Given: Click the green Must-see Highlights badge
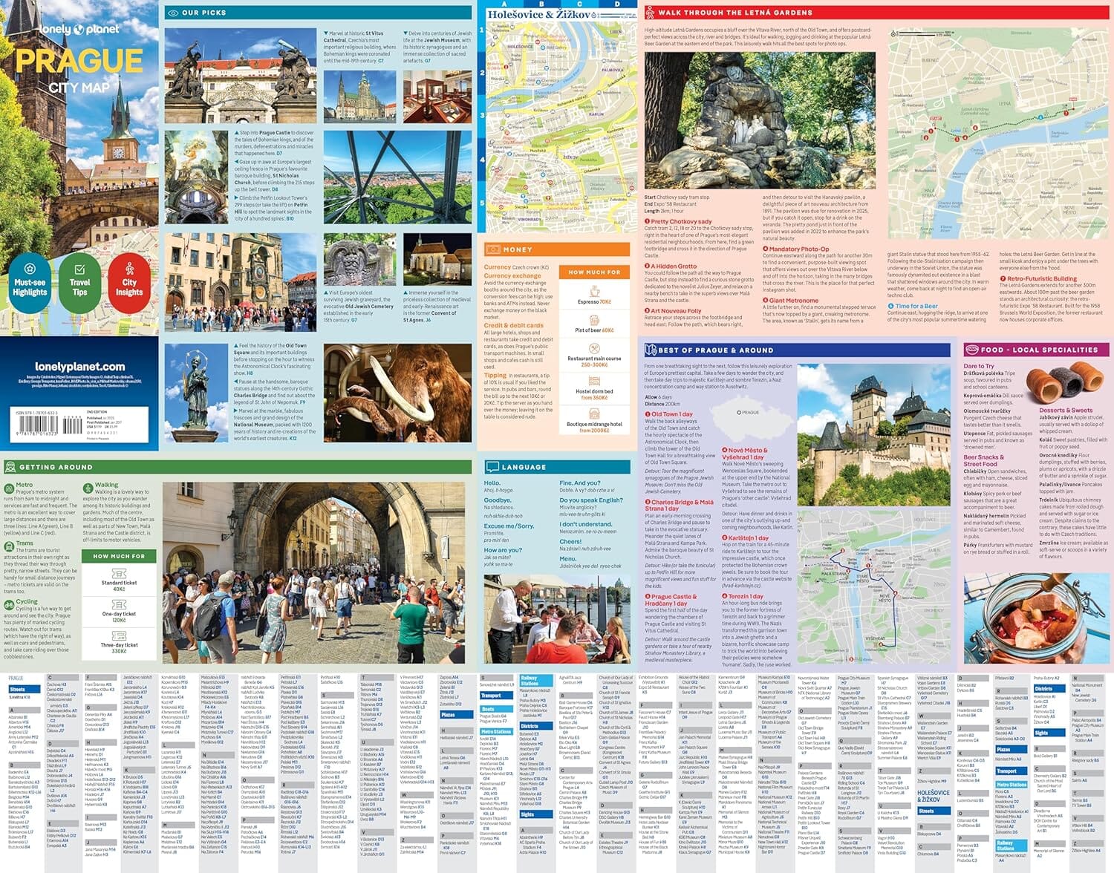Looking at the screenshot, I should click(x=30, y=279).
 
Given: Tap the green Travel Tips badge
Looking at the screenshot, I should click(x=79, y=279).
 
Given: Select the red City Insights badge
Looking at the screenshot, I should click(x=129, y=279).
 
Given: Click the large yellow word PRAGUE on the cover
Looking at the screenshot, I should click(x=79, y=62).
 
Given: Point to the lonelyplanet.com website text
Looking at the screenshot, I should click(x=80, y=367).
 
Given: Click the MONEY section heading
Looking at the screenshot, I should click(x=517, y=249).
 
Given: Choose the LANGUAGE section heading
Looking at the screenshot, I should click(x=524, y=467).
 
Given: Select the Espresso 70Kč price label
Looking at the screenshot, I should click(x=594, y=302).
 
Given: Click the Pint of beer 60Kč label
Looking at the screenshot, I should click(x=594, y=330).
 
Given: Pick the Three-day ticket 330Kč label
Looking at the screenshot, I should click(x=119, y=648).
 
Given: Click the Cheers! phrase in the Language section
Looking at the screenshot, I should click(x=570, y=542).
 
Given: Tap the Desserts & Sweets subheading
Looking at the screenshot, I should click(x=1065, y=411).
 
